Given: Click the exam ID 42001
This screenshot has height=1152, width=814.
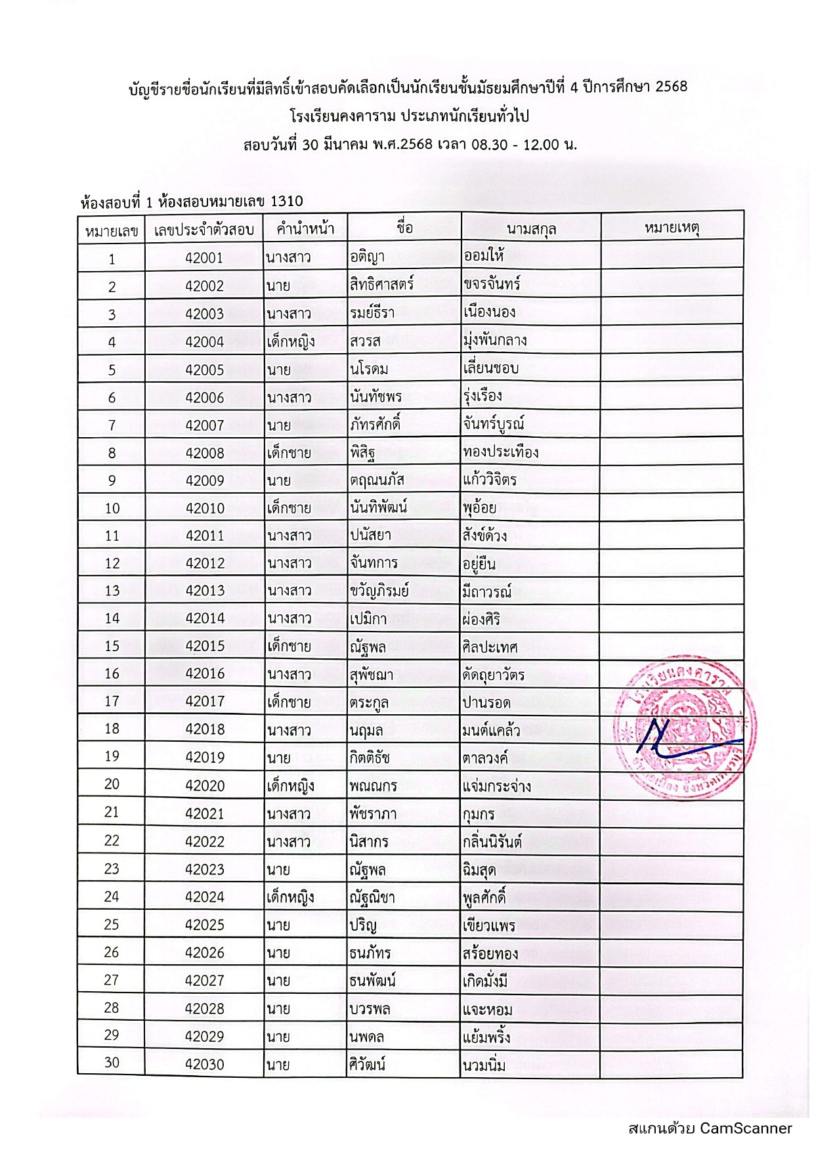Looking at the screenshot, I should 204,258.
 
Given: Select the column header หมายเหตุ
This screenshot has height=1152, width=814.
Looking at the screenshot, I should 672,228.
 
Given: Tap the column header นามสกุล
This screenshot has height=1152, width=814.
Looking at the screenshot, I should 531,229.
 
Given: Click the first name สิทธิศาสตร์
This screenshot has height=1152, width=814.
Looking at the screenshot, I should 381,286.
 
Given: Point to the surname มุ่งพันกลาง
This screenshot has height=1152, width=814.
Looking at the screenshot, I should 494,341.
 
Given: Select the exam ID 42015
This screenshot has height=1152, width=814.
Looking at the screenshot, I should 204,646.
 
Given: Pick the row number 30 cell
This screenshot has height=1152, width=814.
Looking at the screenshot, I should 112,1063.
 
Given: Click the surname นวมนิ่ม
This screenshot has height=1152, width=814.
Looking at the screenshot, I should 484,1065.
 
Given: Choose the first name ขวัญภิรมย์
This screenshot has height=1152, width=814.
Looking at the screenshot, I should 379,591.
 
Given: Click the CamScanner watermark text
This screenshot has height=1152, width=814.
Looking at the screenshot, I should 710,1128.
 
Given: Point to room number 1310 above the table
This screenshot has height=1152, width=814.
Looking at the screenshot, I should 286,201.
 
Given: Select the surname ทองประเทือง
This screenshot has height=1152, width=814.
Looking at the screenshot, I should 500,452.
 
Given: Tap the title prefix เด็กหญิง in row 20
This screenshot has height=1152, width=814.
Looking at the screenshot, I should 290,786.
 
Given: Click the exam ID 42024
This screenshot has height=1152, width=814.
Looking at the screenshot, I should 204,897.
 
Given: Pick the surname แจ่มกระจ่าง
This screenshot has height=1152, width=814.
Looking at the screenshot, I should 496,786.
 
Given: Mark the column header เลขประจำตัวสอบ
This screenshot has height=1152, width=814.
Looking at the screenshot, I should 203,229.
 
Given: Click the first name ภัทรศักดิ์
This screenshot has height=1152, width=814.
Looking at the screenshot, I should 375,425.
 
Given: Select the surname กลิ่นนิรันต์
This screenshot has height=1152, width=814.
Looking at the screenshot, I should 492,842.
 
